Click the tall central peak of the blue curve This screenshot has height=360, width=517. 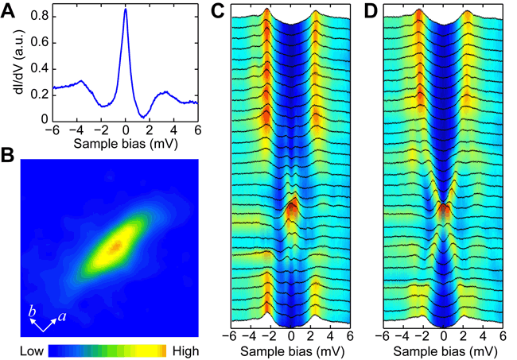click(x=125, y=11)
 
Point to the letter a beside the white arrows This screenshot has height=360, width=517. click(x=62, y=315)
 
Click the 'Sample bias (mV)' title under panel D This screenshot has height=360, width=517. click(x=444, y=350)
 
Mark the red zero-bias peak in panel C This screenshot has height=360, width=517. click(x=292, y=208)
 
